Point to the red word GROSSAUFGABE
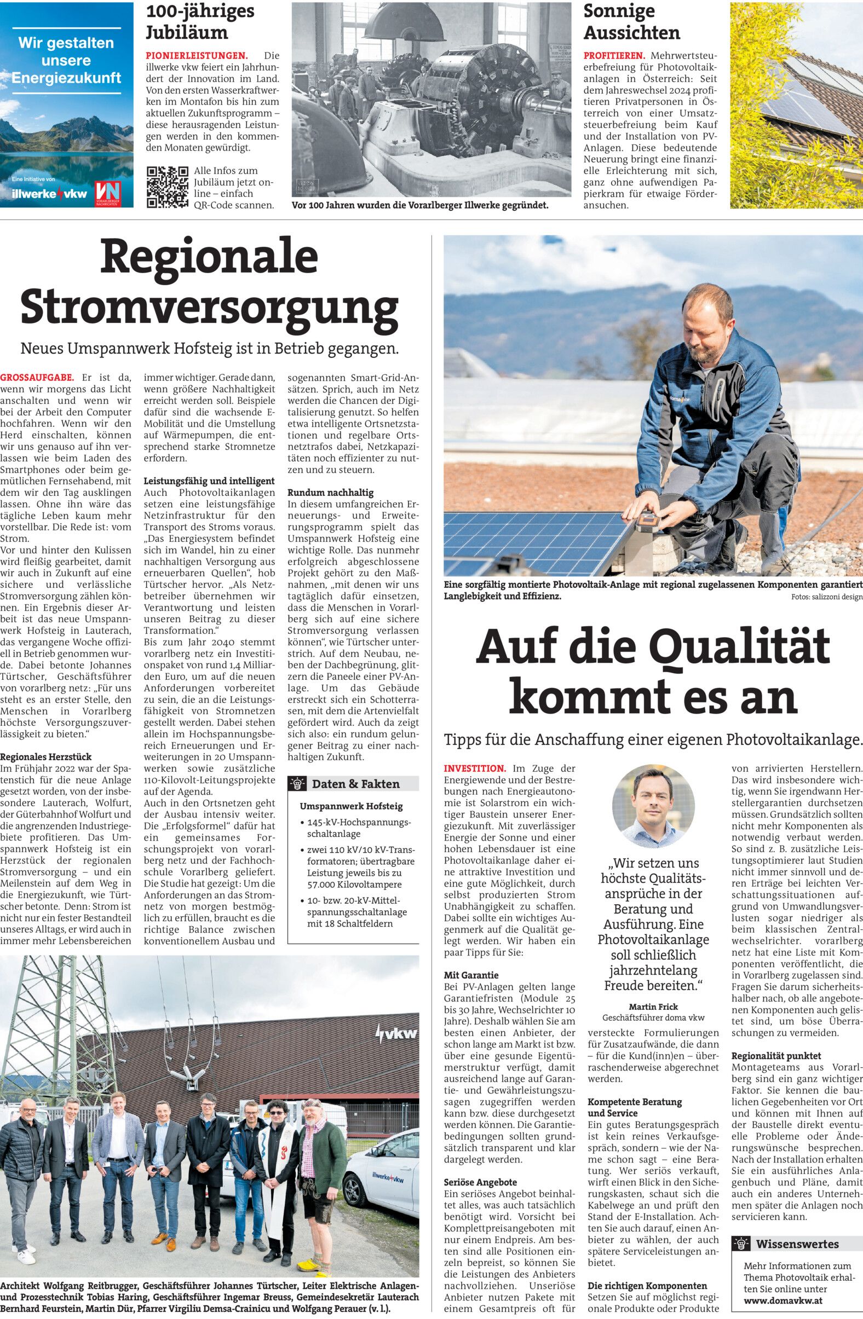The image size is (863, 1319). (37, 378)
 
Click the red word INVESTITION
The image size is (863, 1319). (475, 768)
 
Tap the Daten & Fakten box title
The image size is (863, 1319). (355, 784)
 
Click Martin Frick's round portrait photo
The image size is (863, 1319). (653, 807)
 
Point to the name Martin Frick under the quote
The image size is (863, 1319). (653, 1006)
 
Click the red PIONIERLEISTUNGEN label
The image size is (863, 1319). (196, 55)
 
